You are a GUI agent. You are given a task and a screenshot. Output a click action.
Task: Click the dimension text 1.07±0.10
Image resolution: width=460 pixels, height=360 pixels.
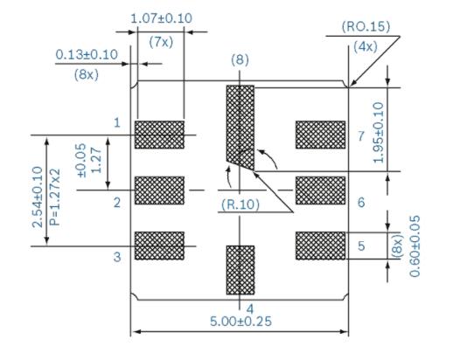click(x=163, y=18)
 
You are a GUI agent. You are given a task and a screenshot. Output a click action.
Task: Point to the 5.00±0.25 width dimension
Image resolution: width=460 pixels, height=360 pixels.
click(x=240, y=321)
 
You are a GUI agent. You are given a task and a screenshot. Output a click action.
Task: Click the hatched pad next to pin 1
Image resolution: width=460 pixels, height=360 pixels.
click(x=159, y=134)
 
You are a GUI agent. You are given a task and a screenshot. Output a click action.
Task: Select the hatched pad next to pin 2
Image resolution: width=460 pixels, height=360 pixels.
click(x=159, y=189)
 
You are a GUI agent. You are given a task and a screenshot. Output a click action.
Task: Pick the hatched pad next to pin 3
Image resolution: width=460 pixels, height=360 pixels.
click(x=159, y=244)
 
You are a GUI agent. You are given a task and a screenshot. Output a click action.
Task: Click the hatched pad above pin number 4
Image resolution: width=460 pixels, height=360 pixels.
click(x=240, y=270)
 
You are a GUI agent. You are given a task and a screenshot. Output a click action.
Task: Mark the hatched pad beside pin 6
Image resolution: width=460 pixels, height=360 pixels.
click(x=321, y=189)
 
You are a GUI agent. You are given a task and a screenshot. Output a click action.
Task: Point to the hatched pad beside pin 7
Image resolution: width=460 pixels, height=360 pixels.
click(x=321, y=134)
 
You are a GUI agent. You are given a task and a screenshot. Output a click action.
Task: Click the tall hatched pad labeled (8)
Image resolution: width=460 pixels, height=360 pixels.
click(x=240, y=122)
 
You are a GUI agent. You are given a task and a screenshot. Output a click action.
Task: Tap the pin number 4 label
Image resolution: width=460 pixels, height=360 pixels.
click(x=250, y=308)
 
